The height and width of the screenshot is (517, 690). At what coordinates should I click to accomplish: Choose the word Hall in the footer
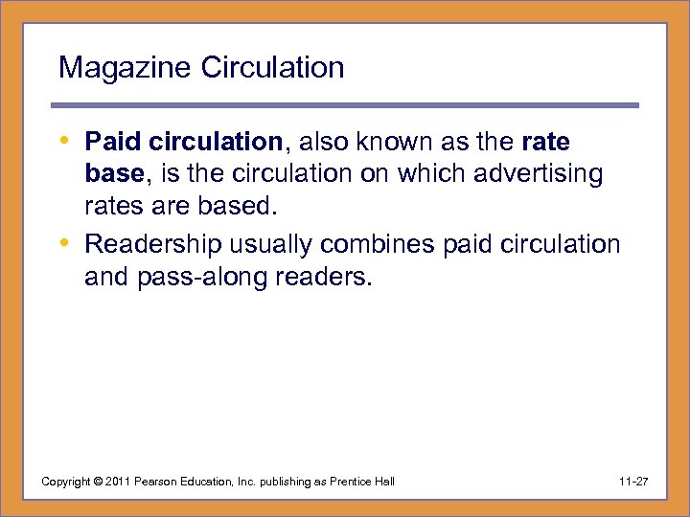tap(382, 481)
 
